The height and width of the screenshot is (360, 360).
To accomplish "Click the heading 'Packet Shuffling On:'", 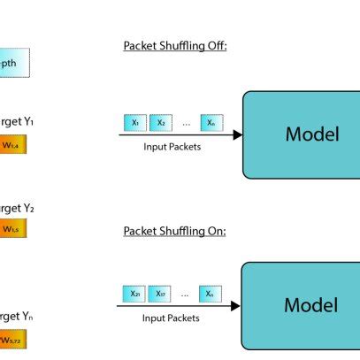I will (x=174, y=231).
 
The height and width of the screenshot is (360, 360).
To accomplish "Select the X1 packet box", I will (x=134, y=123).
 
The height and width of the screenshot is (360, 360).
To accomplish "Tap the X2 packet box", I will (x=160, y=123).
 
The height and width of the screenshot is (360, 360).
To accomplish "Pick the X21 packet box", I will (x=134, y=293).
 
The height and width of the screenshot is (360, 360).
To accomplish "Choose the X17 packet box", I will (x=159, y=293).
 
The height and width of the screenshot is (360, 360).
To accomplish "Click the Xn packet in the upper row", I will (x=211, y=123).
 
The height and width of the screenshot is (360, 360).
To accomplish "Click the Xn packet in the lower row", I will (x=211, y=293).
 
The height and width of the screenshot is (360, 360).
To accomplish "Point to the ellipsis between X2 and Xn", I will (x=186, y=124).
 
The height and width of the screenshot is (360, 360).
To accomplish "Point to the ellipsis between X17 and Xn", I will (x=185, y=294).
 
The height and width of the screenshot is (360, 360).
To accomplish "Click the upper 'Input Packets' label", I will (x=172, y=147).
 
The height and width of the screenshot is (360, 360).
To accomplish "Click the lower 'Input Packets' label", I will (x=170, y=317).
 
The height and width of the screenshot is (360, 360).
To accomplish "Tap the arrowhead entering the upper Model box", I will (x=237, y=134).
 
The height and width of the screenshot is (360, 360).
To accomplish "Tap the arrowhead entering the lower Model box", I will (x=235, y=306).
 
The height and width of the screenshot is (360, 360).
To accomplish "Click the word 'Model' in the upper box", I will (x=311, y=134).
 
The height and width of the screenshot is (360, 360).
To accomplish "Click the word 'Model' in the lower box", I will (x=310, y=306).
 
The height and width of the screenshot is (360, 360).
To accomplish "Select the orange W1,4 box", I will (x=12, y=144).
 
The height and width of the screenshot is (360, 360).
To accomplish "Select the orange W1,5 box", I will (x=12, y=229).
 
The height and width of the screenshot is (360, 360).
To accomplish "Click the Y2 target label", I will (x=16, y=209).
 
